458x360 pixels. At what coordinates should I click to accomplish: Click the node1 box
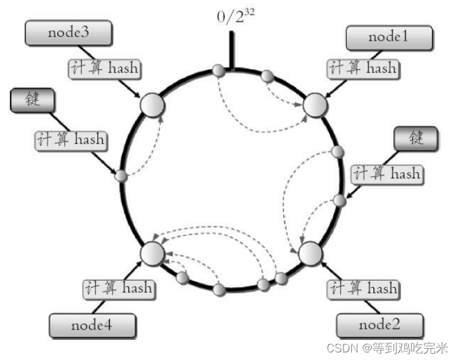389,38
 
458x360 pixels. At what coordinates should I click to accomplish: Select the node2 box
379,326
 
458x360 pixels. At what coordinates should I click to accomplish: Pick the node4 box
93,326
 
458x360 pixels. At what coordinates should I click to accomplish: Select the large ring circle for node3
151,105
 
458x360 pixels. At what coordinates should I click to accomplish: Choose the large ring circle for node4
152,253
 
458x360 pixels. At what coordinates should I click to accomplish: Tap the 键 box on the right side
416,138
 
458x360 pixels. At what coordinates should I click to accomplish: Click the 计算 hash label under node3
105,68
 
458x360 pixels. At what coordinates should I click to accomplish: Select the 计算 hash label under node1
363,68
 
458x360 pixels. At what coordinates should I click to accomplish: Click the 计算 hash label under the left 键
70,140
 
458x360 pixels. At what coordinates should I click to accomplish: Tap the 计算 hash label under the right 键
387,173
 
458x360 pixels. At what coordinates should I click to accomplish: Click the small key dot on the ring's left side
121,176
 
